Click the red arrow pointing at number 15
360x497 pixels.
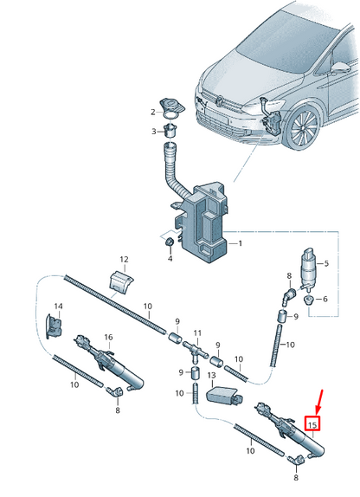tap(319, 402)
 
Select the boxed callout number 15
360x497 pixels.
tap(312, 423)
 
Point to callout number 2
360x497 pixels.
tap(152, 111)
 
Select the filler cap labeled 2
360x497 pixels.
tap(172, 107)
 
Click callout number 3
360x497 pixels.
tap(153, 132)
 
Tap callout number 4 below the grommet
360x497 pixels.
tap(170, 259)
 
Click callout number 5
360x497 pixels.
tap(325, 263)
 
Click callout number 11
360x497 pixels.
tap(197, 332)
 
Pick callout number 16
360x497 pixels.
tap(108, 337)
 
